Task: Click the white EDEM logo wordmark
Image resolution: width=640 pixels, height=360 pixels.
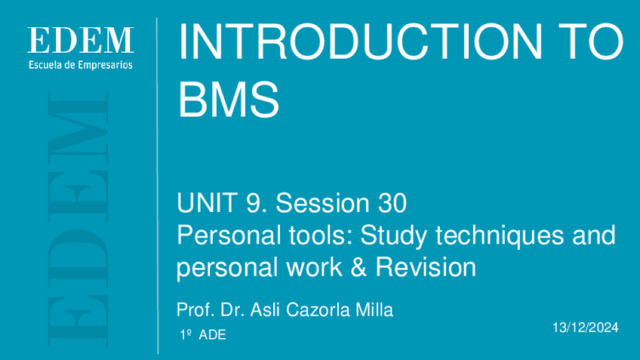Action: (81, 40)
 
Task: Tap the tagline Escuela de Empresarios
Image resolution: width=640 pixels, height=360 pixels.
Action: (81, 65)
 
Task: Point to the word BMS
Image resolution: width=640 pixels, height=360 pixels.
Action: (229, 99)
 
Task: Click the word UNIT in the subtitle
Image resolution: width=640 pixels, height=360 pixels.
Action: (207, 203)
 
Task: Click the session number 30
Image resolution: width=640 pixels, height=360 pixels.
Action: (392, 203)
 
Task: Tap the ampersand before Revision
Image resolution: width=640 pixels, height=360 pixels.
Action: (358, 267)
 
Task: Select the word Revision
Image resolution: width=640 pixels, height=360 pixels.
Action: (426, 267)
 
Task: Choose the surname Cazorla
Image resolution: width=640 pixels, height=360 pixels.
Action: (318, 309)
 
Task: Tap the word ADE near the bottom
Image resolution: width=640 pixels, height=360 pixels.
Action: (212, 334)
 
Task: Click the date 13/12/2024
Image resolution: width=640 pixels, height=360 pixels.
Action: (586, 328)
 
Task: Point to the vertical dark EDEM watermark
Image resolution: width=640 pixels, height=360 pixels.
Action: (78, 220)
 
